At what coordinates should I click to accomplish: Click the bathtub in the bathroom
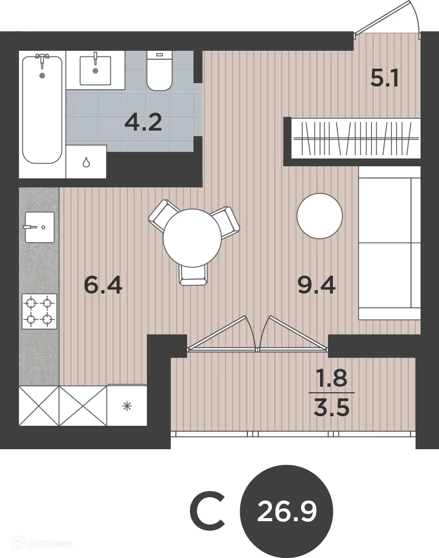point(42,109)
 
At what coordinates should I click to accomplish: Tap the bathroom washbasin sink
point(95,70)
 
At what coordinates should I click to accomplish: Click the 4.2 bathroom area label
point(143,122)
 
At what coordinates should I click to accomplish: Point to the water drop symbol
point(86,162)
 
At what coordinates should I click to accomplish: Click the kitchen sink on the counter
point(40,227)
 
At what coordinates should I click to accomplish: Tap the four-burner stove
point(39,311)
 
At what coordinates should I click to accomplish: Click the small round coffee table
point(319,216)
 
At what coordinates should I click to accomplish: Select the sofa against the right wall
point(389,243)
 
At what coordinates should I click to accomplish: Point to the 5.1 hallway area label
point(384,79)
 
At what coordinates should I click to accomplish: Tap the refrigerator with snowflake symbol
point(127,405)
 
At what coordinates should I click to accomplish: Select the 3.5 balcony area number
point(331,408)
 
